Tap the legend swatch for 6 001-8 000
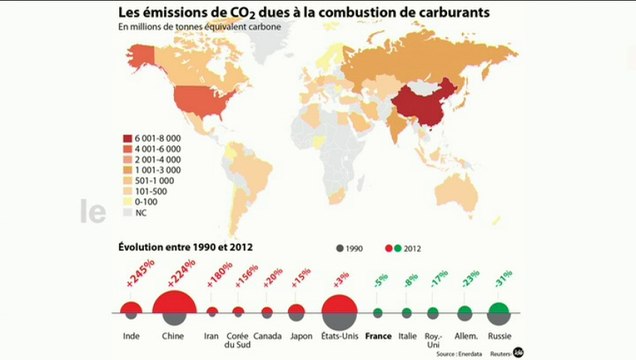[127, 136]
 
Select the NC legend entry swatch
[127, 212]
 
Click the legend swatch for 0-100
[127, 201]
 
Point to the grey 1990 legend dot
[341, 247]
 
